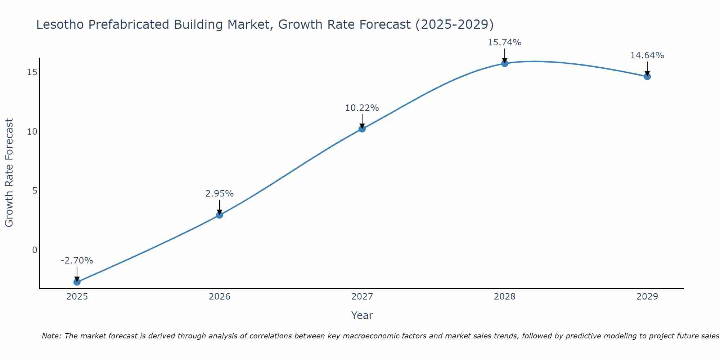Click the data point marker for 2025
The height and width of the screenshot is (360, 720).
click(x=77, y=282)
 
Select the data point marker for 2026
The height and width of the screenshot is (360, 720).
click(x=220, y=215)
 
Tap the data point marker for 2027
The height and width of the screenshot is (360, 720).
click(x=362, y=129)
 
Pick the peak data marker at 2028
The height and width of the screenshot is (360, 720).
click(x=505, y=63)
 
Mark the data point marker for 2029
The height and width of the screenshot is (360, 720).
click(x=647, y=76)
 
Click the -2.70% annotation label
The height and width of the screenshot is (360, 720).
click(x=77, y=261)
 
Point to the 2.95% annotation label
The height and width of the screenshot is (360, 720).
click(x=220, y=194)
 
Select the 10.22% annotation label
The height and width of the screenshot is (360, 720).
click(x=362, y=108)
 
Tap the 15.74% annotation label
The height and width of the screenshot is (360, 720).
click(x=505, y=42)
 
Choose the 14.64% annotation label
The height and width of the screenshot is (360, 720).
click(x=647, y=55)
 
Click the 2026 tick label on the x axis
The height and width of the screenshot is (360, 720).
click(x=220, y=297)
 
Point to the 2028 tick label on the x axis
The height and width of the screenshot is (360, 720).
click(x=505, y=297)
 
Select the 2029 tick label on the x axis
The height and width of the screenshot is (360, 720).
click(x=647, y=297)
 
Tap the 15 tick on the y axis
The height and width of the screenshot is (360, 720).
click(x=32, y=72)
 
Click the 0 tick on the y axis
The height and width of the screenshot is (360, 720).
click(x=35, y=250)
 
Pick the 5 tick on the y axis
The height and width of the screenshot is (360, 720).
click(x=35, y=191)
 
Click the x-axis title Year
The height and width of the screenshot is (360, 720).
click(x=362, y=315)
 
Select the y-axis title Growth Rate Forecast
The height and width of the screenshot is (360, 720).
click(x=9, y=173)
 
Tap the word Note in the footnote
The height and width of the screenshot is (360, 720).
click(x=52, y=336)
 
